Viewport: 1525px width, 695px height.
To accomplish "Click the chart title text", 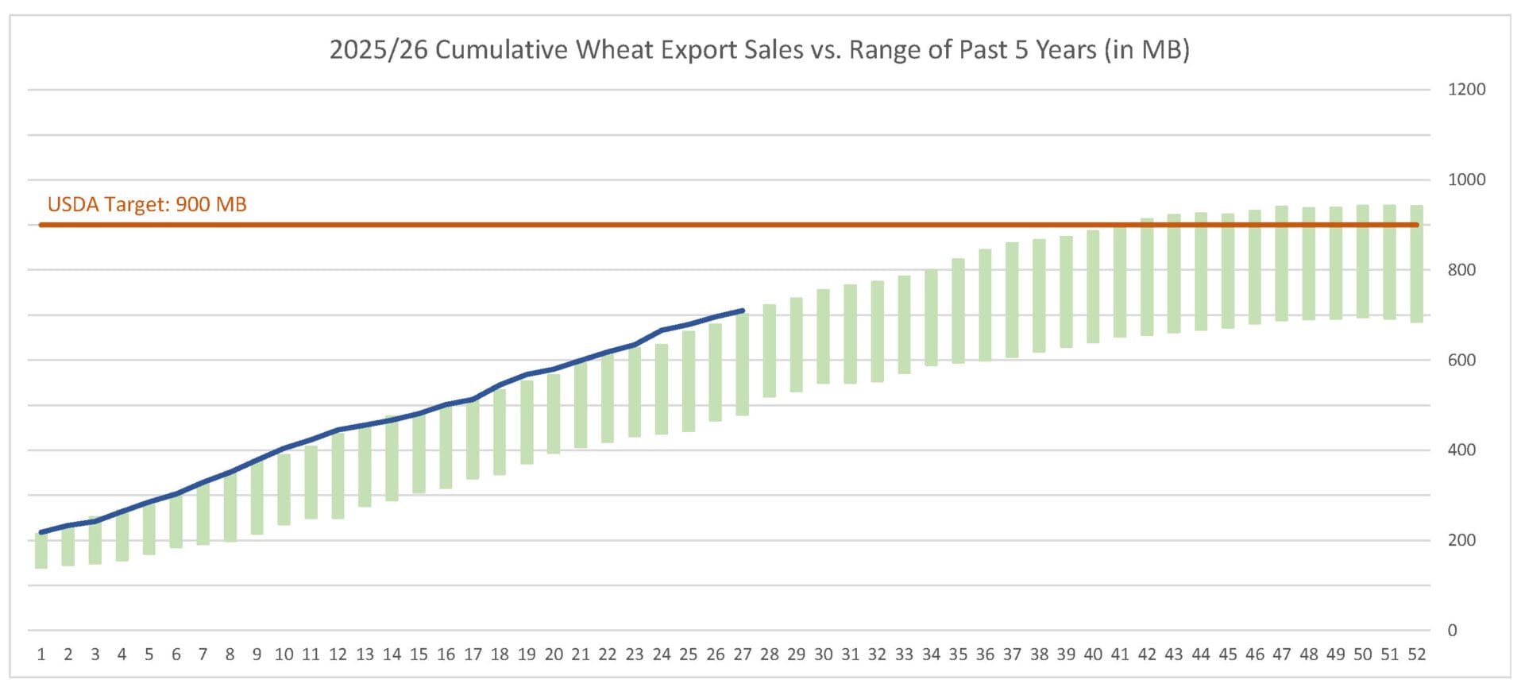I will coord(759,50).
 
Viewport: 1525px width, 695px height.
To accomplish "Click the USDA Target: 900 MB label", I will coord(147,205).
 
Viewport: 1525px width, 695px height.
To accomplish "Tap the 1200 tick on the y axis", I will coord(1466,90).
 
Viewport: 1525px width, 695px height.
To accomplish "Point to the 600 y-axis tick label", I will coord(1461,360).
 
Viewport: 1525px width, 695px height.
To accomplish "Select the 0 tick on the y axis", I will coord(1452,631).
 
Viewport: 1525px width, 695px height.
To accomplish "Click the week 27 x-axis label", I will coord(743,654).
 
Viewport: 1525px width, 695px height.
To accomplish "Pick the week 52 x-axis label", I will coord(1416,654).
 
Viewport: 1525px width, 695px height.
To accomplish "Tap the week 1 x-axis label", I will coord(41,654).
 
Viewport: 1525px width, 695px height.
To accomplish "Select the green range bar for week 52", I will coord(1416,264).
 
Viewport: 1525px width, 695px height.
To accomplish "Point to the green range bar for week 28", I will coord(769,351).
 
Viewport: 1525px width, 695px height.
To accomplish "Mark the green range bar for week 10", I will coord(284,489).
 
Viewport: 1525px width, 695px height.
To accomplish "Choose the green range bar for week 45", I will coord(1228,271).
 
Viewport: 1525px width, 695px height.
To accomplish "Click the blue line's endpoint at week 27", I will coord(743,311).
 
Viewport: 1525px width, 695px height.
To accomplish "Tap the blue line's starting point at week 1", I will coord(41,532).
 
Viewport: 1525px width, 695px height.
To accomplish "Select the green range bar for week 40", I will coord(1093,287).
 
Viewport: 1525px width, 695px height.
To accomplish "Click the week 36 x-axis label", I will coord(985,654).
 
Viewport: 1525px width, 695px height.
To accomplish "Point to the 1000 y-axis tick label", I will coord(1466,180).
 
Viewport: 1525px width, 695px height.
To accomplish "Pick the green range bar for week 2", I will coord(68,546).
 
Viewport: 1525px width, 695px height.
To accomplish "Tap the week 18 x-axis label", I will coord(500,654).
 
